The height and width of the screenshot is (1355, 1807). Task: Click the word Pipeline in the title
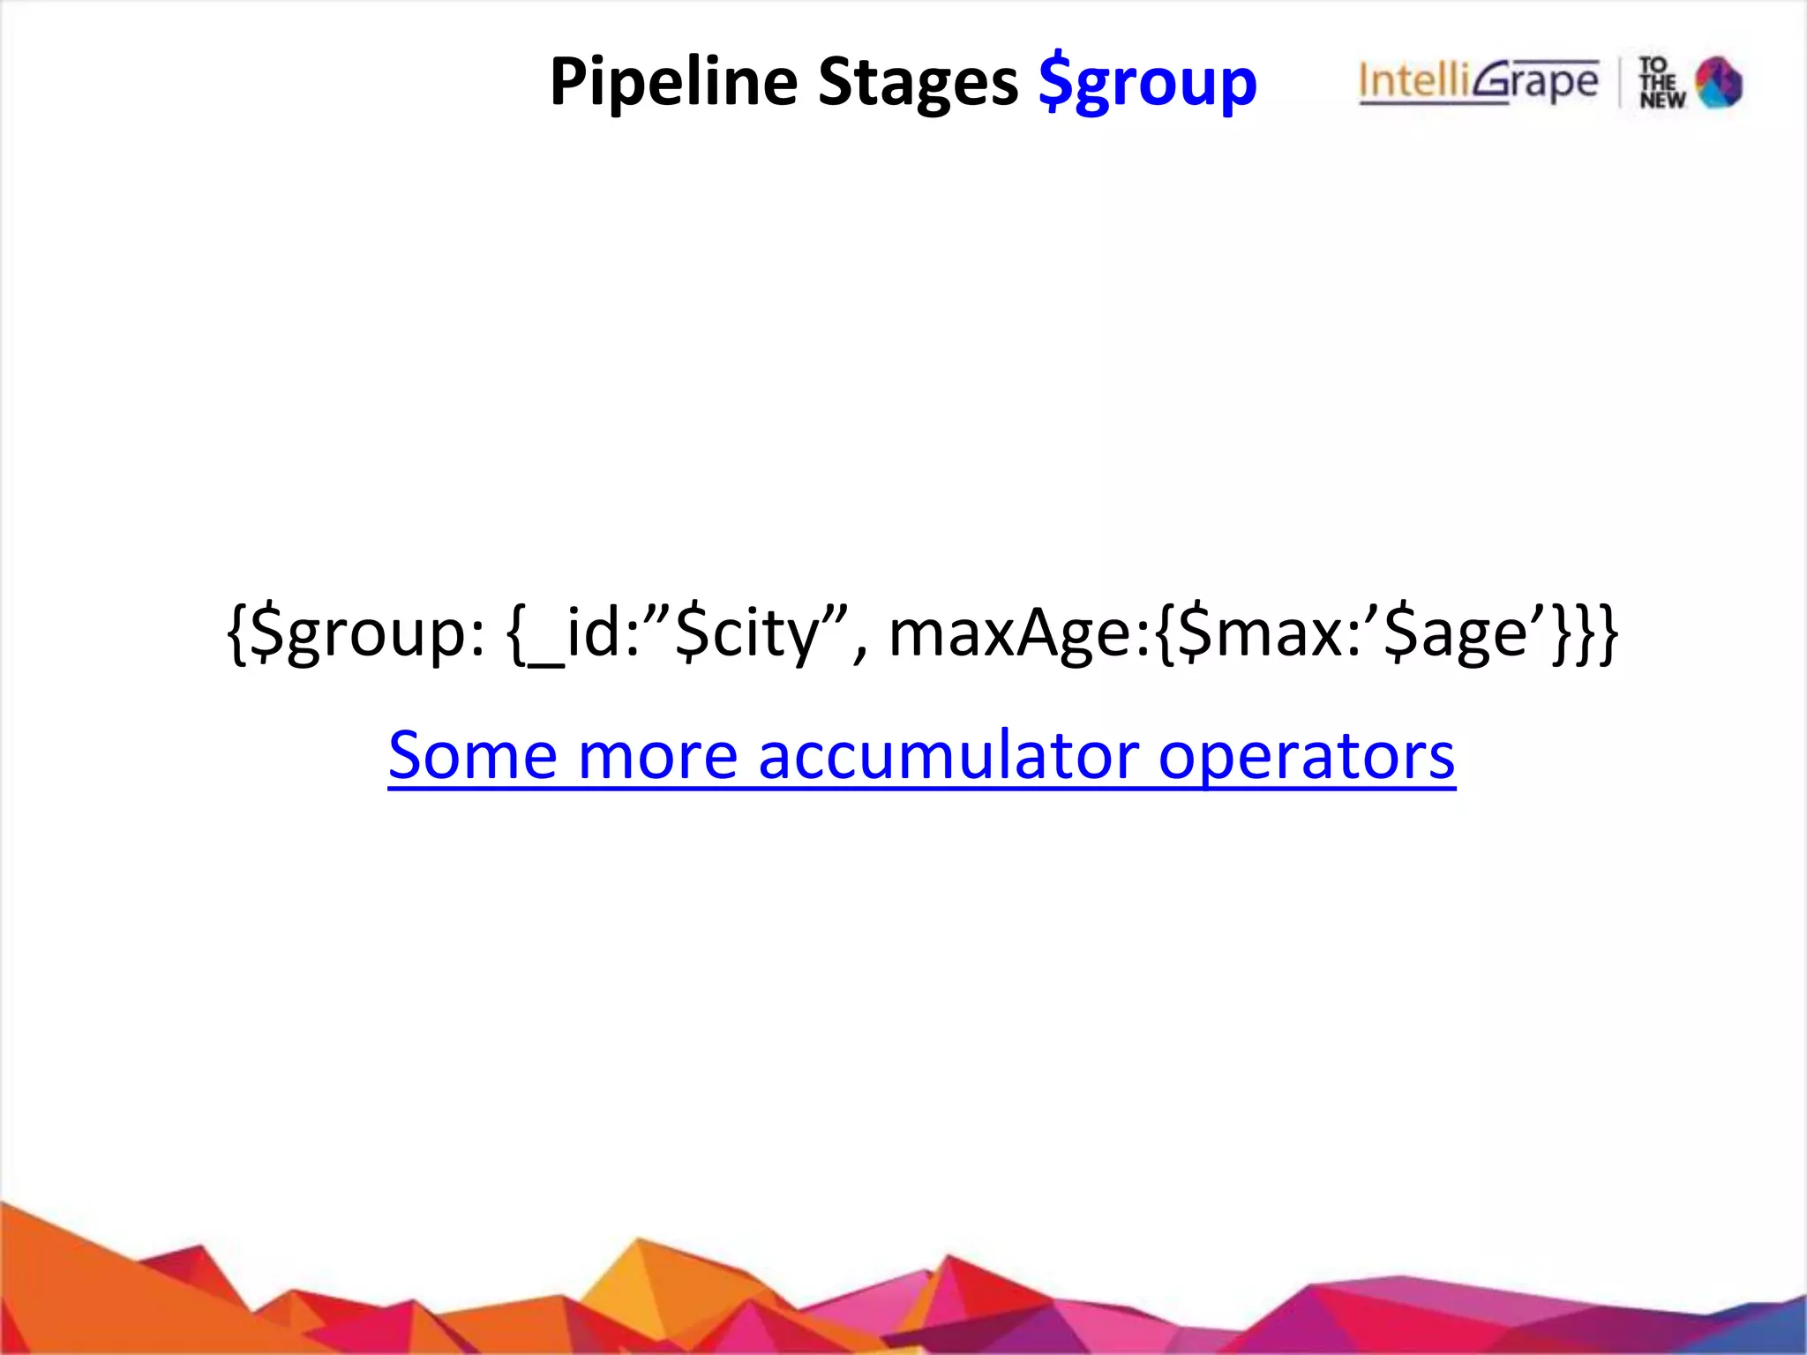click(x=673, y=82)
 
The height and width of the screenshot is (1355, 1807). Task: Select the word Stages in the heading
click(x=918, y=82)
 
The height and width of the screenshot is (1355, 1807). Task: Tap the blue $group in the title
click(x=1148, y=82)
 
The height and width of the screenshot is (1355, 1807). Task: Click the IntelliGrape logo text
click(x=1479, y=82)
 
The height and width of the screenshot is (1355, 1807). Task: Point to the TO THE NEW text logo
click(x=1661, y=83)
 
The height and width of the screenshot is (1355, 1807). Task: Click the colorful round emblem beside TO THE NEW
click(x=1719, y=82)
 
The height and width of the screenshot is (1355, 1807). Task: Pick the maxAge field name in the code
click(x=1015, y=633)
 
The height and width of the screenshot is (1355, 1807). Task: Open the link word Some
click(x=473, y=756)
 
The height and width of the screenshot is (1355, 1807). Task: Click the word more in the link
click(x=658, y=756)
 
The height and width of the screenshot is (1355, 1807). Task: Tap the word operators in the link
click(x=1307, y=756)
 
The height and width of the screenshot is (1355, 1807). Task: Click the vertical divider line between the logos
click(x=1620, y=82)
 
